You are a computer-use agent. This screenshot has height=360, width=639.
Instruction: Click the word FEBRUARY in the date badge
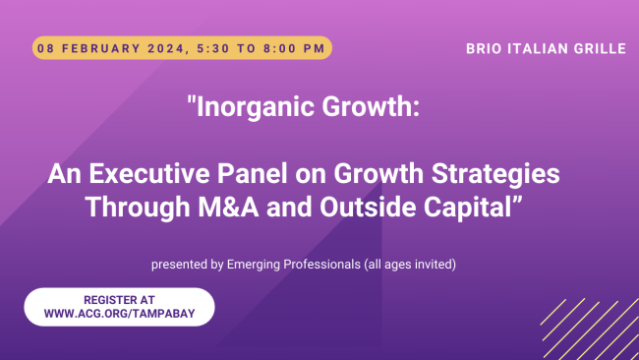tap(97, 47)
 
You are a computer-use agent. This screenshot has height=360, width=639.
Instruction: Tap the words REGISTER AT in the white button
tap(119, 299)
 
